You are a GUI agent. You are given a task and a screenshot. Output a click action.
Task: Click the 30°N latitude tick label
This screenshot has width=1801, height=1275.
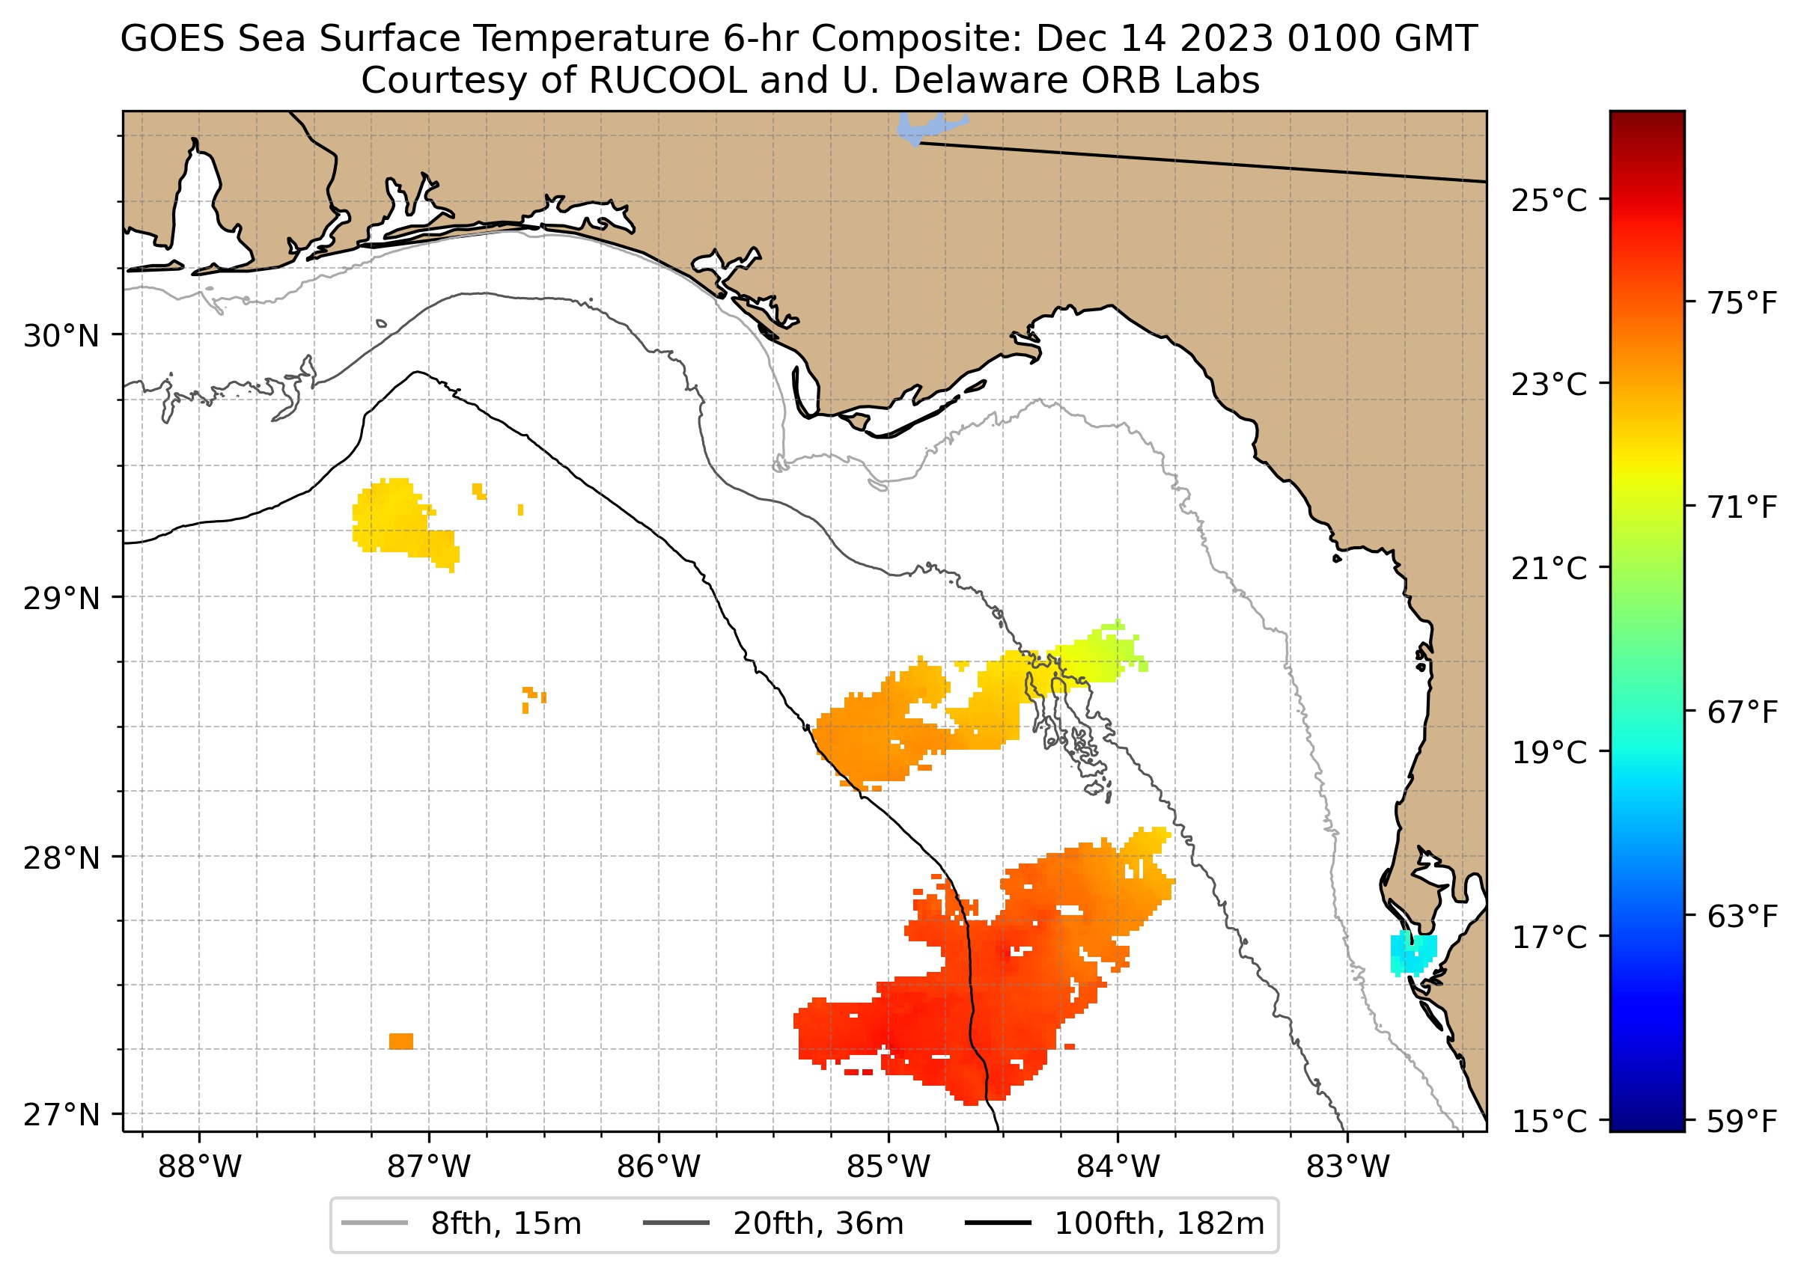[61, 337]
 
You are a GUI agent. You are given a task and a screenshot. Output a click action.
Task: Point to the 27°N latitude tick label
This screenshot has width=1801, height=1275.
[61, 1115]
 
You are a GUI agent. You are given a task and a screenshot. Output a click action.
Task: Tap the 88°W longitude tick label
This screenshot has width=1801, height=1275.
[200, 1167]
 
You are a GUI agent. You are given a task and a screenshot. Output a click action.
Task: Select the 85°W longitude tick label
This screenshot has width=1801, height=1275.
[889, 1167]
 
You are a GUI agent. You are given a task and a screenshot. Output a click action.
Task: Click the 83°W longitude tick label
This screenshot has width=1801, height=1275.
[1348, 1167]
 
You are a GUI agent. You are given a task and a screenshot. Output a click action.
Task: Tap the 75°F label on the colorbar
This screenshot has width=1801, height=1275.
[1741, 303]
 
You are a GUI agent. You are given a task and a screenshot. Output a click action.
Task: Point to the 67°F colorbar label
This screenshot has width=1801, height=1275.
[1741, 713]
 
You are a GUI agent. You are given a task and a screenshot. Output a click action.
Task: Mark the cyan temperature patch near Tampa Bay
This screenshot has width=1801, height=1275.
[1413, 954]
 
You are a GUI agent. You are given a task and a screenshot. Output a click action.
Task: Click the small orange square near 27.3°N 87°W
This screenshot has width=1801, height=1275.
[401, 1041]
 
